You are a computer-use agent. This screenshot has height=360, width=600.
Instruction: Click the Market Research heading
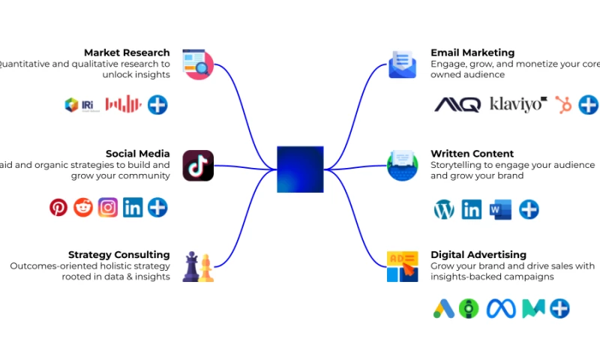[127, 52]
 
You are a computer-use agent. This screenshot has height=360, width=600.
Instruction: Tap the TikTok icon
[198, 166]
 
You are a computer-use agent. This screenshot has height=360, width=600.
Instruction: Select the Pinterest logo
[58, 207]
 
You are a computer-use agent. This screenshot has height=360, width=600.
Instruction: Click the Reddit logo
[83, 207]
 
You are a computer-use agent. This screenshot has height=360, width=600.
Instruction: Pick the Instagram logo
[108, 207]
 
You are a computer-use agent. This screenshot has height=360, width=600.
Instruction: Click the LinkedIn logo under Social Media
[133, 207]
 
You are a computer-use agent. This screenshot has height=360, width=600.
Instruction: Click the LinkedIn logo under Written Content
[472, 209]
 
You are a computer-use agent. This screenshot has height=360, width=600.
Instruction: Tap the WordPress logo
[444, 209]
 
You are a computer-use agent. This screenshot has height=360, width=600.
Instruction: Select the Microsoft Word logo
[499, 209]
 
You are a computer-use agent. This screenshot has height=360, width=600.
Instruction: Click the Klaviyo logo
[518, 104]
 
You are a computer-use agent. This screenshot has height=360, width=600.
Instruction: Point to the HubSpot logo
[563, 105]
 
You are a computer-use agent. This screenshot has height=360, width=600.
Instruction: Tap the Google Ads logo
[444, 308]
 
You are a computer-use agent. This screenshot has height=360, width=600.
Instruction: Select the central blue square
[300, 169]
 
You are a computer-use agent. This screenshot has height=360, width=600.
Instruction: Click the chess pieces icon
[198, 267]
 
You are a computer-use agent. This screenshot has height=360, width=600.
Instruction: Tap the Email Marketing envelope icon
[402, 64]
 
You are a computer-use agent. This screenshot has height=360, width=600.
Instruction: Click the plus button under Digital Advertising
[559, 308]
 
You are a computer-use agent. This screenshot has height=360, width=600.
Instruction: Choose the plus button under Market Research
[157, 104]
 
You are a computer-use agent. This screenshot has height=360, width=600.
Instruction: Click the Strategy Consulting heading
[118, 255]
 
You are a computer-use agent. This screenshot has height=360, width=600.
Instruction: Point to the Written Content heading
[472, 154]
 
